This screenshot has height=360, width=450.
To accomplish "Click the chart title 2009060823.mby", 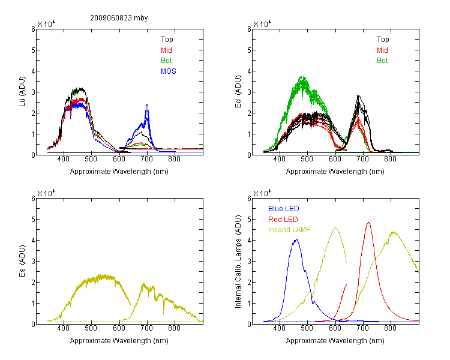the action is (119, 18).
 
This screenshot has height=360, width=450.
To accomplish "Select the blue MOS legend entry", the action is (169, 71).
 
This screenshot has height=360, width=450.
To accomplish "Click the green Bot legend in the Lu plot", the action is (166, 61).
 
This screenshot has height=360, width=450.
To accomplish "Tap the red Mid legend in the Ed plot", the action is (382, 50).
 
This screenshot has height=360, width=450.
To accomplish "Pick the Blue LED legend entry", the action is (284, 209).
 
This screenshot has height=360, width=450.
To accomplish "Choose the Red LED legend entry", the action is (283, 220).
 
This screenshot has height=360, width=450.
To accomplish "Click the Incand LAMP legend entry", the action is (289, 230).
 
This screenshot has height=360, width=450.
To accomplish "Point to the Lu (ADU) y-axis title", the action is (22, 91).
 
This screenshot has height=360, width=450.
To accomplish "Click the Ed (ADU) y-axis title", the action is (238, 92).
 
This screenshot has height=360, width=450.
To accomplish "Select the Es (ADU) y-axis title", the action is (22, 261).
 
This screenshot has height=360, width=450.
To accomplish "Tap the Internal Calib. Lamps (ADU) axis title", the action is (238, 262).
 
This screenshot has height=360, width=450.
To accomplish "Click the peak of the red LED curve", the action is (368, 222).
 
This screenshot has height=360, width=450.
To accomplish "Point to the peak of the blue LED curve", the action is (297, 239).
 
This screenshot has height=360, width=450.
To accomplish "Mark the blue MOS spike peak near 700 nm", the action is (147, 104).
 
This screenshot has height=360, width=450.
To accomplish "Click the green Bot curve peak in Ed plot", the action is (302, 76).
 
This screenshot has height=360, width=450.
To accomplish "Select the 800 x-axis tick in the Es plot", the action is (174, 328).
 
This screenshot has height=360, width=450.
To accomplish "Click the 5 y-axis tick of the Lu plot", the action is (33, 50).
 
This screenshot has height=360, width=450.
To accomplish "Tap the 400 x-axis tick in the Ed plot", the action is (279, 159).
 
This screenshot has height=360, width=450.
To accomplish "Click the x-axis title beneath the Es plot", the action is (119, 341).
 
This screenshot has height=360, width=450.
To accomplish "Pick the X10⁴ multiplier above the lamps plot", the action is (262, 194).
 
